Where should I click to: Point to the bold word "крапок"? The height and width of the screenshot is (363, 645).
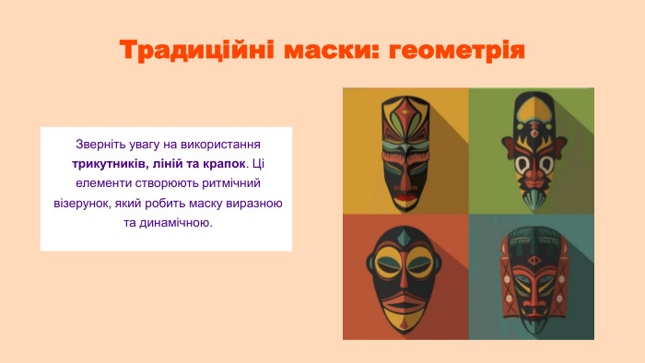click(x=221, y=163)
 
